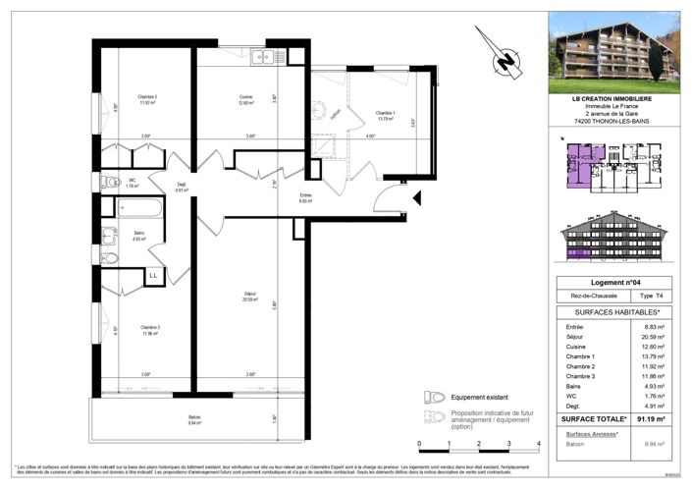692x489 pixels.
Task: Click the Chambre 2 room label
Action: pyautogui.click(x=148, y=96)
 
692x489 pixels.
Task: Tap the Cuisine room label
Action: pyautogui.click(x=245, y=96)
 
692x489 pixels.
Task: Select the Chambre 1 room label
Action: pyautogui.click(x=386, y=113)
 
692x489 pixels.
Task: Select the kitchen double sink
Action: pyautogui.click(x=262, y=57)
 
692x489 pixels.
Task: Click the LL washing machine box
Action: pyautogui.click(x=154, y=276)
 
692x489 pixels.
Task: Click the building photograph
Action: pyautogui.click(x=613, y=46)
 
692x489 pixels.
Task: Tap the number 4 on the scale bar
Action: pyautogui.click(x=539, y=445)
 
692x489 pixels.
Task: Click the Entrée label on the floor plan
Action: pyautogui.click(x=306, y=195)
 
